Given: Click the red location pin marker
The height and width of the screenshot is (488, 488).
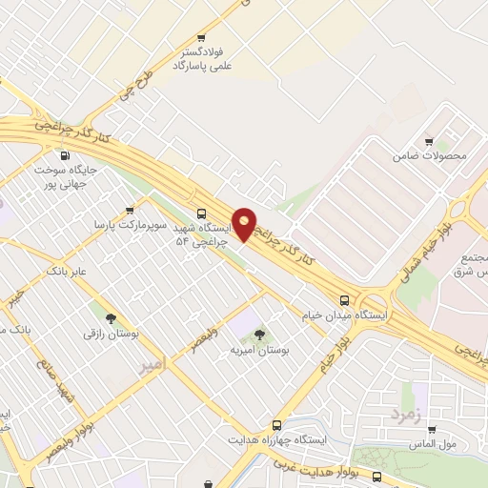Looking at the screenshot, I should coord(245,224).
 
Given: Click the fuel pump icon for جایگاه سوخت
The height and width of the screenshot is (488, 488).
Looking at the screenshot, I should coord(65,156).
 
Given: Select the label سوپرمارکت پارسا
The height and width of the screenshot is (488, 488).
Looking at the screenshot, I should coord(130,225).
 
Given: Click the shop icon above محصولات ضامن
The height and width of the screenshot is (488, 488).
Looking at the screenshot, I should coord(428,142).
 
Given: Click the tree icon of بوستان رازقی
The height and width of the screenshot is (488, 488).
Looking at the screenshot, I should coord(112,319).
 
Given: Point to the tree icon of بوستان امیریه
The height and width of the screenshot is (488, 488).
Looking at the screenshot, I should coord(259,335).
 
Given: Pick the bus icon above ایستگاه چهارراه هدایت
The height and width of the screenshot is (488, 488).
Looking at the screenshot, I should coord(277,425).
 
